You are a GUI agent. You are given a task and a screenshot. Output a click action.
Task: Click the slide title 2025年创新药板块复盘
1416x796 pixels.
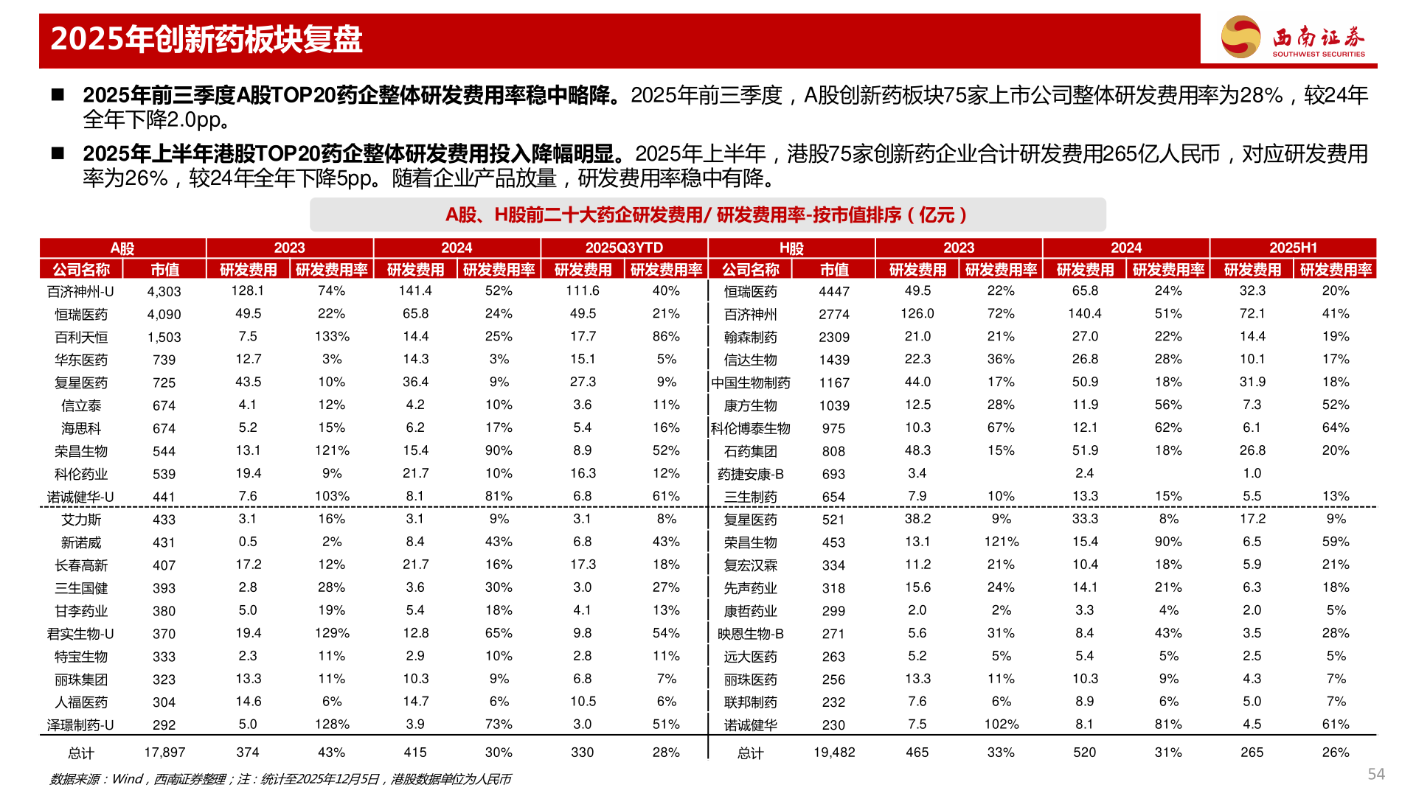click(206, 40)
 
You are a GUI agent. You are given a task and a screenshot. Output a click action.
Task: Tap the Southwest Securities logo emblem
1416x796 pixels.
click(1240, 37)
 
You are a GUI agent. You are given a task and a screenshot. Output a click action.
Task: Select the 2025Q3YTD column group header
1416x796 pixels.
click(624, 248)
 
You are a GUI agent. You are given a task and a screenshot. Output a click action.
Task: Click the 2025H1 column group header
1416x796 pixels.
click(1293, 248)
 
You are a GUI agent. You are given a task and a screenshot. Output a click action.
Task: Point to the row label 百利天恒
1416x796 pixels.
click(81, 338)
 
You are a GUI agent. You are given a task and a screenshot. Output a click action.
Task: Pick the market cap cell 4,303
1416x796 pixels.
click(164, 292)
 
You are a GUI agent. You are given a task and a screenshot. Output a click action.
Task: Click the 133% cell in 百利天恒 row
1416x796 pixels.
click(332, 337)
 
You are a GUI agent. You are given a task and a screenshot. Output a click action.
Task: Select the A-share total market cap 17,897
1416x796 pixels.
click(164, 753)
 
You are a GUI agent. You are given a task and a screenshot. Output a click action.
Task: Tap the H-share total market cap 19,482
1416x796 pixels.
click(834, 753)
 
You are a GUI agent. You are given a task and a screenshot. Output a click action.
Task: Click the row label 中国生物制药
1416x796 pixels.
click(751, 383)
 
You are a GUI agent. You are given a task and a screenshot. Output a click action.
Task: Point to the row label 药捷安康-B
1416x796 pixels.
click(751, 475)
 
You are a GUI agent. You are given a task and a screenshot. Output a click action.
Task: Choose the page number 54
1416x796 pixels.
click(1375, 774)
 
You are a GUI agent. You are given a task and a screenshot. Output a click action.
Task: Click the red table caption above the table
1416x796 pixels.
click(707, 215)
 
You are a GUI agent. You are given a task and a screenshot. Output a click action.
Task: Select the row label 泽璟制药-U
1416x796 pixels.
click(81, 725)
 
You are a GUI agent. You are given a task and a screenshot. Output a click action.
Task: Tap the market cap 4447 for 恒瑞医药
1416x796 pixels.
click(834, 292)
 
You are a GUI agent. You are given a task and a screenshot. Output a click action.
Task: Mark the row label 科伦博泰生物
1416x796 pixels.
click(751, 429)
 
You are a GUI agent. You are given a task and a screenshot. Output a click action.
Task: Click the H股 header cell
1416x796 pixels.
click(791, 248)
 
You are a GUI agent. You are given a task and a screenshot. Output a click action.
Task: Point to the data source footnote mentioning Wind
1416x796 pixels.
click(280, 779)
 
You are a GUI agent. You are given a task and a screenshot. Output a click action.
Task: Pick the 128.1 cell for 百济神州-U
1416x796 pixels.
click(248, 291)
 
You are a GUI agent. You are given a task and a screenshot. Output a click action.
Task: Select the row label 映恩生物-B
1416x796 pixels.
click(751, 634)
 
